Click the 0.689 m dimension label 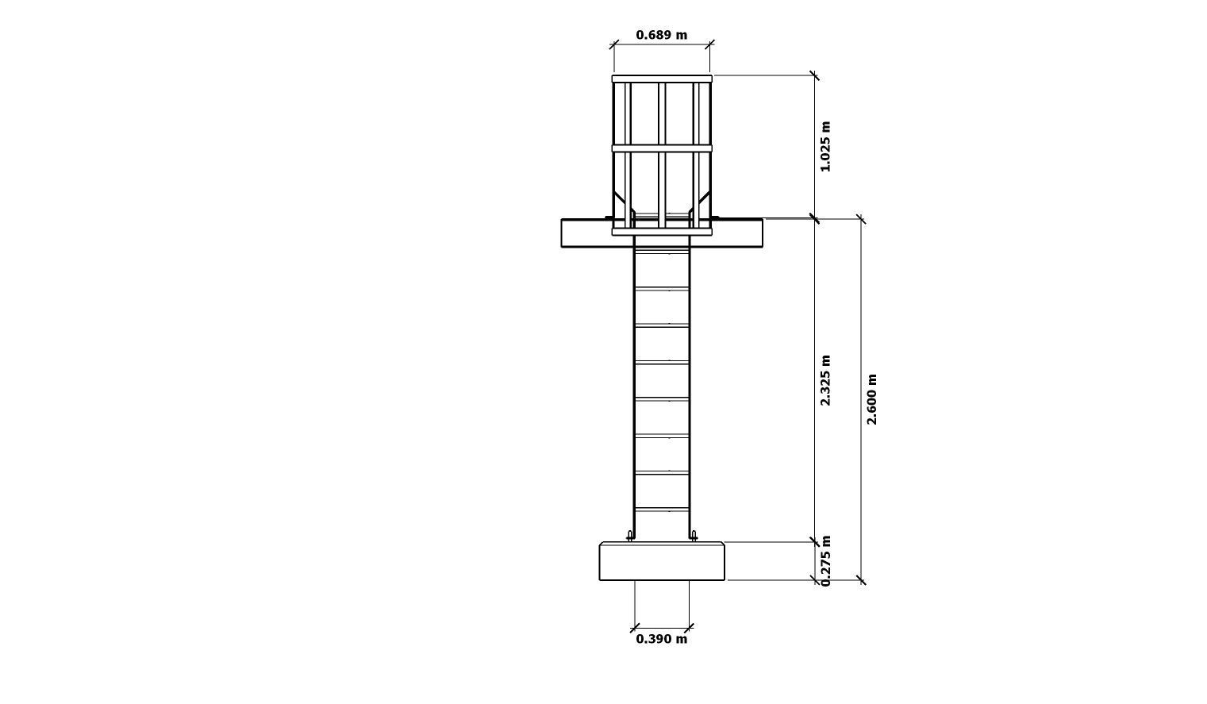661,35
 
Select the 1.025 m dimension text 825,147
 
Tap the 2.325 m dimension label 825,380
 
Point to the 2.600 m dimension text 871,399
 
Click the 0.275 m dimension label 826,560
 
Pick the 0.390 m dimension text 661,639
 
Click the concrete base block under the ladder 662,561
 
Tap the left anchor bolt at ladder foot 630,536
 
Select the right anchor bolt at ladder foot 694,536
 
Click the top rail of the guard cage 662,79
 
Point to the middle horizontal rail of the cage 662,148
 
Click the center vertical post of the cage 662,151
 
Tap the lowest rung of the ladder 662,510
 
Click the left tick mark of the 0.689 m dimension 613,44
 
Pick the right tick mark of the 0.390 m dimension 689,629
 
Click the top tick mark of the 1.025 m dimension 814,75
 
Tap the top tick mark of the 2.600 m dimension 861,219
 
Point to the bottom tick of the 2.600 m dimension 861,580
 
